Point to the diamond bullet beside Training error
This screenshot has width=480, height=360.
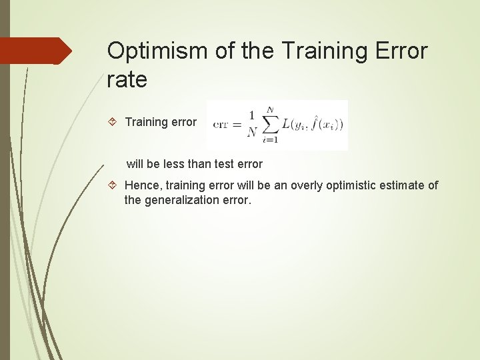[x=113, y=122]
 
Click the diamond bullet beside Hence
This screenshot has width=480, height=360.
[x=113, y=185]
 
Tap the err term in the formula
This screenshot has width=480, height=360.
[x=221, y=125]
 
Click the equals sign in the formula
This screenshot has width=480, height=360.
[x=236, y=125]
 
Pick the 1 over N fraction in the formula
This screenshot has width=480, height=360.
[x=252, y=125]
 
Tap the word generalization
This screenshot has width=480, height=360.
[x=177, y=200]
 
